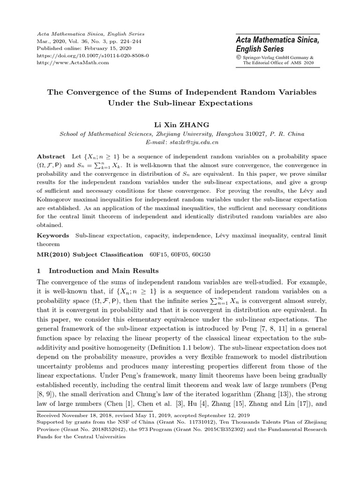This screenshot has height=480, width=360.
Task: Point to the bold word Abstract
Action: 51,156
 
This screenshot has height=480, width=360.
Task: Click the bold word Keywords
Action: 52,235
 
